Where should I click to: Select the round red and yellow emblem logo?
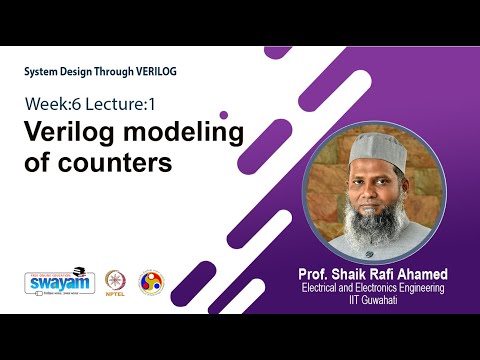pos(150,282)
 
